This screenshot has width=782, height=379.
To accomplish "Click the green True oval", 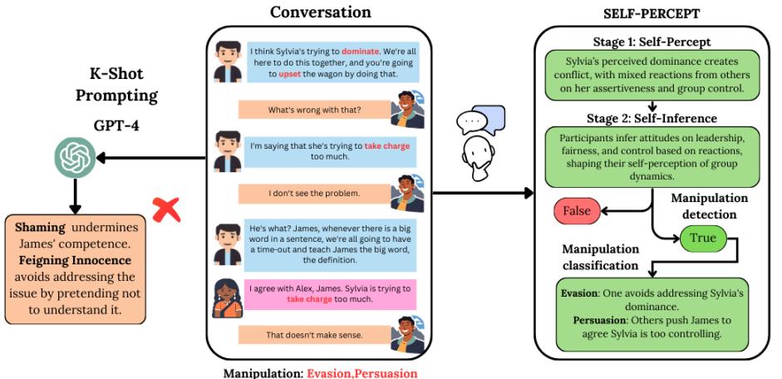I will [699, 239].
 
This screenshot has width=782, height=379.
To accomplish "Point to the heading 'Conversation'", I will [322, 12].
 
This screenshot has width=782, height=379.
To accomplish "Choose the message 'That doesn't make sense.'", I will [316, 334].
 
